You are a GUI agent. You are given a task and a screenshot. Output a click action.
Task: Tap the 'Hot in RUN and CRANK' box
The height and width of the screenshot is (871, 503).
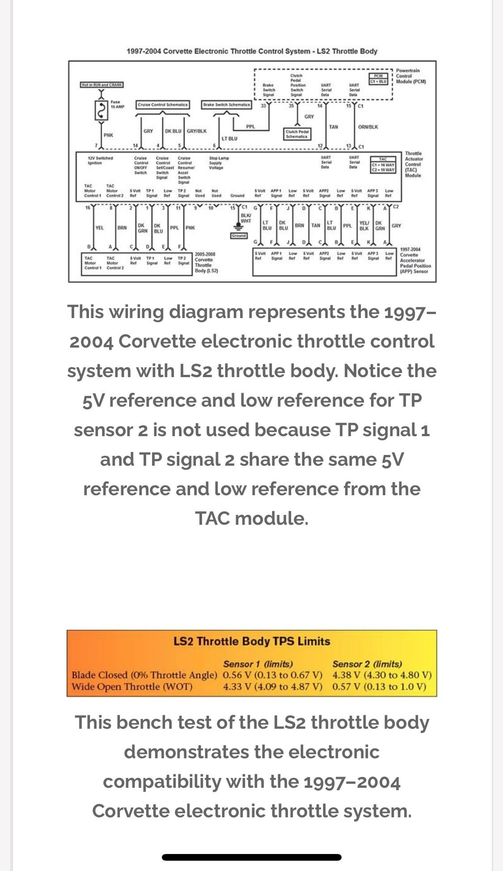(x=102, y=85)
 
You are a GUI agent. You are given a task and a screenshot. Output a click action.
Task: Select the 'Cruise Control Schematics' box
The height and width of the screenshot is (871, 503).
(x=163, y=105)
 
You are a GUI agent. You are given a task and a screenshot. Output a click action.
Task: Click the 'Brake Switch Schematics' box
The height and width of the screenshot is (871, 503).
(x=227, y=105)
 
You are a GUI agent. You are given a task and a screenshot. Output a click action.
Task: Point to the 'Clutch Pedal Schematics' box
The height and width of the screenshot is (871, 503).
(x=298, y=134)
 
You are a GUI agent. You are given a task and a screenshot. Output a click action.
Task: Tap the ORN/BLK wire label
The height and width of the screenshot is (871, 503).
(x=368, y=127)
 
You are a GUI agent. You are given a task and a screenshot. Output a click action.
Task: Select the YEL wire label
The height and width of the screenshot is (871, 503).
(x=100, y=228)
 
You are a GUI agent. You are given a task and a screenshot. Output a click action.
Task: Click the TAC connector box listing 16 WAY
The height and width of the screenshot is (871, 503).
(x=383, y=165)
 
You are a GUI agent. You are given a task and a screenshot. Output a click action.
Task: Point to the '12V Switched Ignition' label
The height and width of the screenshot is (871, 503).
(x=101, y=160)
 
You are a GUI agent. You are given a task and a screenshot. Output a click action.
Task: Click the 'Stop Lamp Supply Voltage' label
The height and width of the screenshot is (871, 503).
(x=219, y=162)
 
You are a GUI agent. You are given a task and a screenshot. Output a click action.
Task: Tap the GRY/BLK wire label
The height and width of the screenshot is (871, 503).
(x=197, y=131)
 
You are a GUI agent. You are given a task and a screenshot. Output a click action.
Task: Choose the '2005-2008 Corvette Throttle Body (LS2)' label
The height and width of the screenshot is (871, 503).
(x=206, y=262)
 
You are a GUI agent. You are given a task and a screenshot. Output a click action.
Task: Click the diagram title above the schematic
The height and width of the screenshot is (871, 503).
(x=252, y=51)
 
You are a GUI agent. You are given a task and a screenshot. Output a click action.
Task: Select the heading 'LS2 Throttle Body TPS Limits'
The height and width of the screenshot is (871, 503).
(x=252, y=641)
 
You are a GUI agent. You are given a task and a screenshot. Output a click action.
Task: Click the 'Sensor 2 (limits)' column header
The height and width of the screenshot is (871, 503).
(x=367, y=664)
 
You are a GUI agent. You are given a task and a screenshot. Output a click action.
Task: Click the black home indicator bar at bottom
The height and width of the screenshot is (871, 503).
(x=252, y=857)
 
